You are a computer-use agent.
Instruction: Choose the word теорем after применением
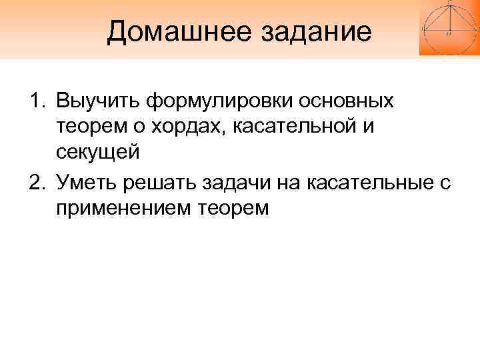tap(234, 207)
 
